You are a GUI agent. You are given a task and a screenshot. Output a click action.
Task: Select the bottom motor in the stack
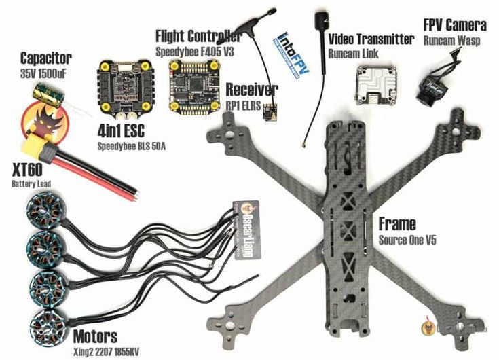(48, 319)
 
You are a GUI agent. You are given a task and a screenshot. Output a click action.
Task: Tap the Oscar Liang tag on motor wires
(248, 228)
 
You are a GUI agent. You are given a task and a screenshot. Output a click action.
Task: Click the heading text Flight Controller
(198, 35)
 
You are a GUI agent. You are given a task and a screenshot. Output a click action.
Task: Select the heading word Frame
(397, 224)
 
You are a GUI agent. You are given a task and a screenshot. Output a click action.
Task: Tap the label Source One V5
(403, 240)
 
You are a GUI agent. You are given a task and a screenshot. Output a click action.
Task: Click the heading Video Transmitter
(371, 39)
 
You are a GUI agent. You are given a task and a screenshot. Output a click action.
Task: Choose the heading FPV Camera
(454, 26)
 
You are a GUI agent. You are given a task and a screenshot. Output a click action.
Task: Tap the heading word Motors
(94, 336)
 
